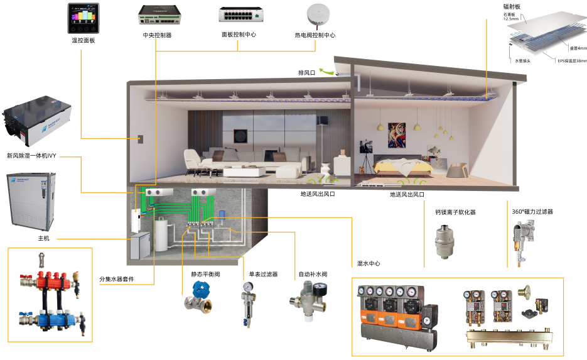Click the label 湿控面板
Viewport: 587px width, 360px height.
click(x=83, y=41)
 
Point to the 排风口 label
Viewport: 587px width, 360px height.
click(x=306, y=73)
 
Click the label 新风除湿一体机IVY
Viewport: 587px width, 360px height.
click(x=32, y=155)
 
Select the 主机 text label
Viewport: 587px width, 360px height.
click(x=43, y=239)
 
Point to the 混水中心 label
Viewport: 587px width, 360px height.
click(x=369, y=263)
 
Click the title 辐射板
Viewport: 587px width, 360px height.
click(x=512, y=6)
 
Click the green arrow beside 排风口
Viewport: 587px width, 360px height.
click(x=327, y=72)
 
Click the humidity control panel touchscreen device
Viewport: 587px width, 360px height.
click(x=83, y=18)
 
